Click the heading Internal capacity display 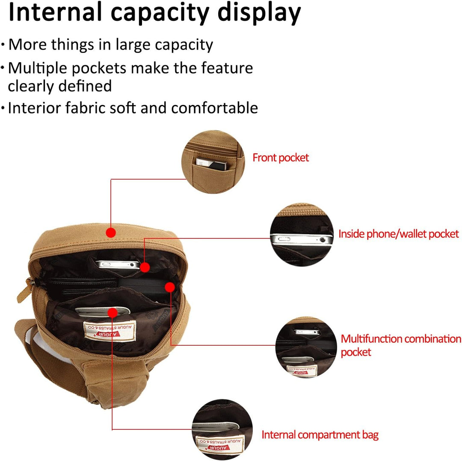click(x=155, y=13)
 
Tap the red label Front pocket click(x=281, y=158)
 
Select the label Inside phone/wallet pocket click(x=398, y=234)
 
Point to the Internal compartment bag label click(x=320, y=435)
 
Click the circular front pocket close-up click(x=213, y=162)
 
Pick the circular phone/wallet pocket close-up click(x=302, y=235)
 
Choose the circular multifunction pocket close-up click(x=306, y=347)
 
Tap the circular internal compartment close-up click(x=222, y=430)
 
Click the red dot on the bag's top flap click(x=111, y=233)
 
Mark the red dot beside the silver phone click(x=145, y=267)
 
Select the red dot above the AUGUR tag click(x=113, y=313)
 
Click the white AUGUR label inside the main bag click(x=110, y=331)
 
